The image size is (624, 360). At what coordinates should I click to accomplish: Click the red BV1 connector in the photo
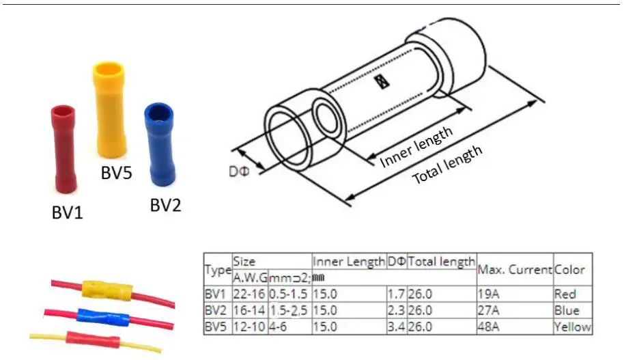pyautogui.click(x=63, y=148)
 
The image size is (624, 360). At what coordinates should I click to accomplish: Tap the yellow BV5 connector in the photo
pyautogui.click(x=109, y=109)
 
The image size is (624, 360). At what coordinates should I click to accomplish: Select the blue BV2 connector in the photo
pyautogui.click(x=160, y=144)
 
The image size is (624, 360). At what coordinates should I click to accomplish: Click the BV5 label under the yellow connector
pyautogui.click(x=116, y=173)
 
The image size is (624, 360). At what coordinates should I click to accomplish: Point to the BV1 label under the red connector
pyautogui.click(x=68, y=212)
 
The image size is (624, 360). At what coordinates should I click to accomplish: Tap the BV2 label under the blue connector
pyautogui.click(x=165, y=205)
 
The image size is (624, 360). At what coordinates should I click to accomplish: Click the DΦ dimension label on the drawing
pyautogui.click(x=239, y=171)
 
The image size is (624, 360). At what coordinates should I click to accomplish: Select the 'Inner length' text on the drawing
pyautogui.click(x=416, y=147)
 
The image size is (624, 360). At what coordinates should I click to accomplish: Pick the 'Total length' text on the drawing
pyautogui.click(x=447, y=165)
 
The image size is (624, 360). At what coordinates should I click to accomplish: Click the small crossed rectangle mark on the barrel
pyautogui.click(x=382, y=81)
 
